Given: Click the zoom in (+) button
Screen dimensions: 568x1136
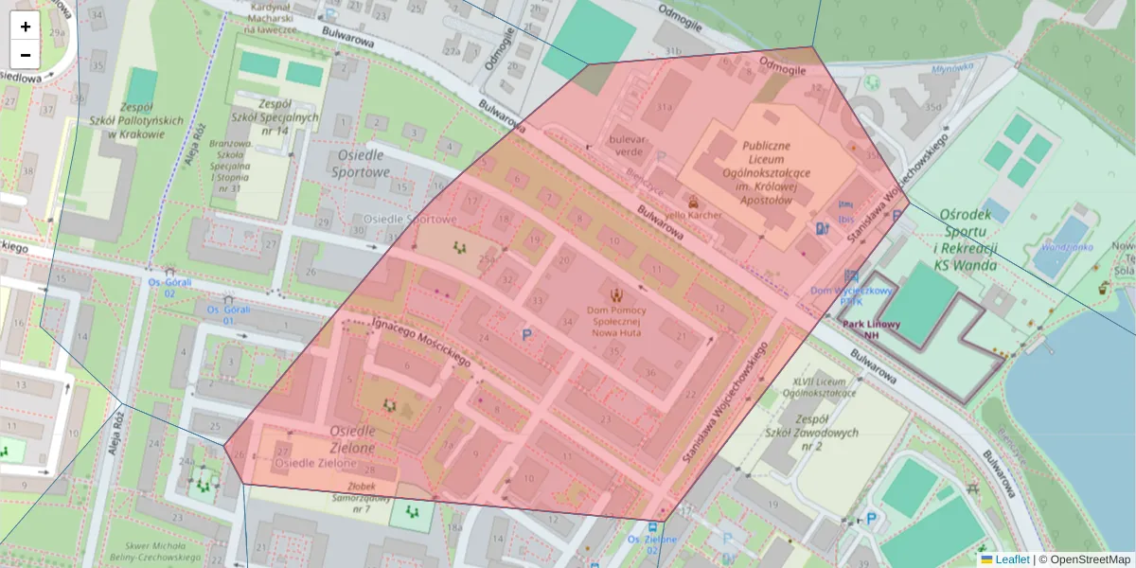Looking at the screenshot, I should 25,27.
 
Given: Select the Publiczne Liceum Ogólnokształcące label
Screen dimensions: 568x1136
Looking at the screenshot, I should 754,173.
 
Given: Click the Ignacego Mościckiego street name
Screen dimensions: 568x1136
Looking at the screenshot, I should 420,342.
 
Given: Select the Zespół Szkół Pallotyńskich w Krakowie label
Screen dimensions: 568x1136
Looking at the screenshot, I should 127,120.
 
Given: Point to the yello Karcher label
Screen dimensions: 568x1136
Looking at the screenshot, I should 694,215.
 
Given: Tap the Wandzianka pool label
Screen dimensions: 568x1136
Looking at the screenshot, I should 1067,247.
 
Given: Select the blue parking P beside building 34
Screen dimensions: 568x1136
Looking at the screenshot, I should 526,333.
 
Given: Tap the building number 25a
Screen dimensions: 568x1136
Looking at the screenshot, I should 488,257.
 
